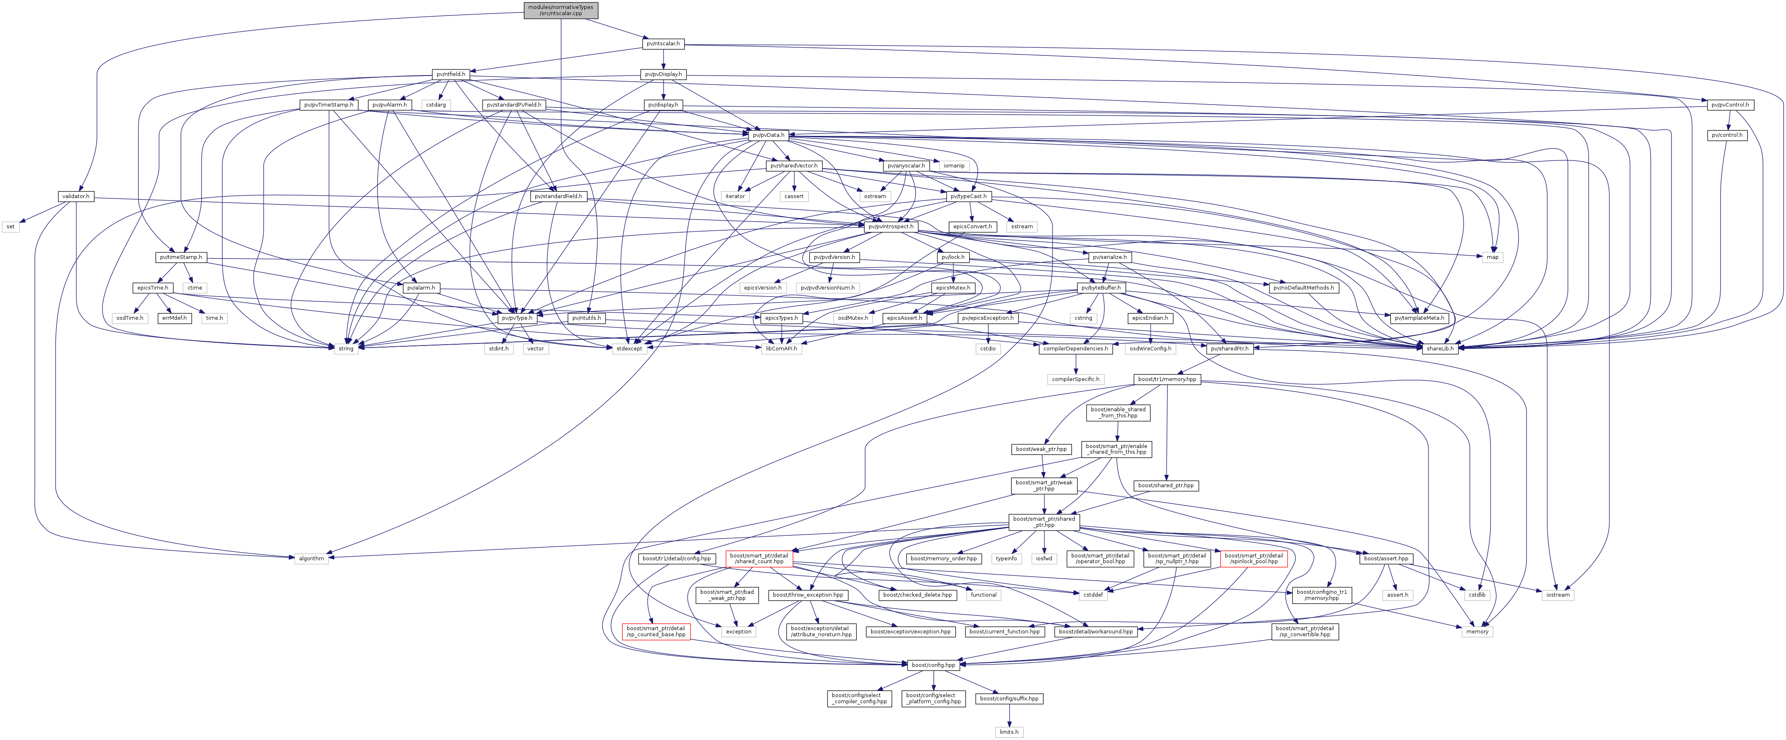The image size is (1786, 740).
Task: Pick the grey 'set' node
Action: (x=10, y=227)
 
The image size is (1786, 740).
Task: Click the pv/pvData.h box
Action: (x=768, y=135)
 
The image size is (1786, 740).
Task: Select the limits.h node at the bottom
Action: (x=1008, y=732)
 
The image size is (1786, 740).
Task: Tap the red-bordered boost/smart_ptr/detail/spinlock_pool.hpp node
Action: (x=1254, y=558)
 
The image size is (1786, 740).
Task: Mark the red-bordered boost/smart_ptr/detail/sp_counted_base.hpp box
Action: (x=656, y=631)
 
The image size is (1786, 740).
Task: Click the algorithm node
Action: (x=311, y=558)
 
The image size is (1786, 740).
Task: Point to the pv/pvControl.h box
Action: (x=1730, y=105)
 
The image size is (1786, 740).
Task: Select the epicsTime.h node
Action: (x=152, y=288)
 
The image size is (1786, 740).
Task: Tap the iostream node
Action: (x=1557, y=595)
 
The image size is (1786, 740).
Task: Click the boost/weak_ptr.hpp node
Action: (x=1042, y=449)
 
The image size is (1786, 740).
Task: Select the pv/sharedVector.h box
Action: (x=794, y=165)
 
